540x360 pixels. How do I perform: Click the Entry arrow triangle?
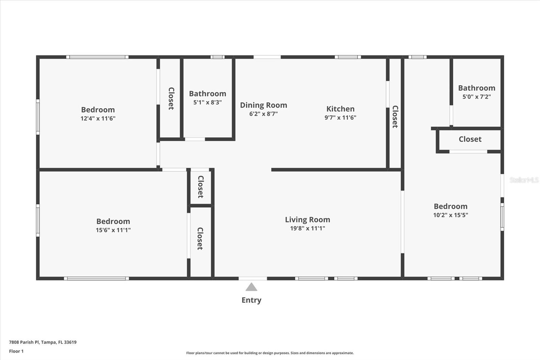pos(251,287)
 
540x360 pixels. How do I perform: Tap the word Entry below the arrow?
pos(251,300)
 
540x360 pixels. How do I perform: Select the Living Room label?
pos(307,220)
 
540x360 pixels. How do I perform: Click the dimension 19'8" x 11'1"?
pos(307,228)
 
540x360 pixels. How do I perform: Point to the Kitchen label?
pos(340,109)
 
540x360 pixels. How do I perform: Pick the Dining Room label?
pos(263,105)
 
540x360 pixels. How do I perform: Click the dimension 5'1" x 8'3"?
pos(207,102)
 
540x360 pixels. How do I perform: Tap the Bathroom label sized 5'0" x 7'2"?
pos(477,88)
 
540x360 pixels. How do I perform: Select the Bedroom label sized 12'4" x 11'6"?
pos(98,109)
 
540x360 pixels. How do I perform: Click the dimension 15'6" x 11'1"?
pos(113,230)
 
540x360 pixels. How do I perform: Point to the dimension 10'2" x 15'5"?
pos(451,215)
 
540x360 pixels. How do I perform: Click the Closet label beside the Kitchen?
pos(395,117)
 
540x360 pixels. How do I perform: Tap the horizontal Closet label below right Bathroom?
pos(470,139)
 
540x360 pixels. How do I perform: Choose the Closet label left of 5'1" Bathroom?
pos(171,98)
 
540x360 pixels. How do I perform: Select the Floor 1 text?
pos(16,351)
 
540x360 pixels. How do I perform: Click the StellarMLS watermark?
pos(524,180)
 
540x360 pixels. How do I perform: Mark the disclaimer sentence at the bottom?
pos(270,353)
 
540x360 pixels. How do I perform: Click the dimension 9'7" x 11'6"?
pos(340,118)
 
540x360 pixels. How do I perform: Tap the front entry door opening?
pos(252,279)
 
